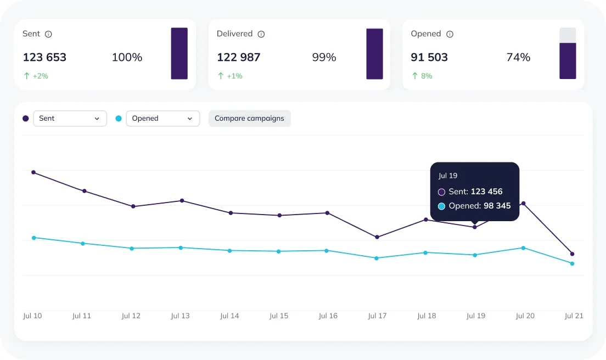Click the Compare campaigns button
(x=249, y=119)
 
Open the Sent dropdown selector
(x=70, y=119)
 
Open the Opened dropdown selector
(x=162, y=119)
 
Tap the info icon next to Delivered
(x=261, y=34)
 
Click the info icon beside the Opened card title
(x=450, y=34)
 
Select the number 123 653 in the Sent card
(x=44, y=57)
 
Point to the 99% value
(x=324, y=57)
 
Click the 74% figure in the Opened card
(x=518, y=57)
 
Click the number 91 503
(x=429, y=57)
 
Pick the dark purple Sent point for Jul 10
(x=33, y=172)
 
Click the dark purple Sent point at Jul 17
(x=377, y=237)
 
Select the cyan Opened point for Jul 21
(x=572, y=263)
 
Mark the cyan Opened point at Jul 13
(x=181, y=248)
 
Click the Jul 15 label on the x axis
(x=279, y=316)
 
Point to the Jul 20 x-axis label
(x=525, y=316)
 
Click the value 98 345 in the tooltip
(x=497, y=206)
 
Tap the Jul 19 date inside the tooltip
(x=448, y=176)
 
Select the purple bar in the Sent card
(x=179, y=53)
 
